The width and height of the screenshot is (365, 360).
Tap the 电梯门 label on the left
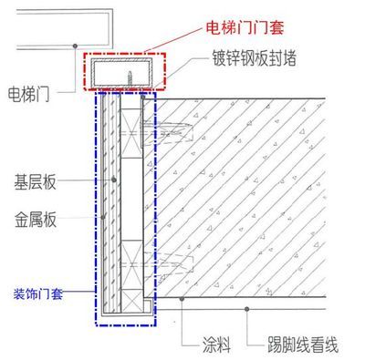(31, 92)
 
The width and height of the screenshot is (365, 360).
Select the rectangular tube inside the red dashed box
(124, 72)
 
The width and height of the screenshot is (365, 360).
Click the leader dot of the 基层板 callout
(113, 180)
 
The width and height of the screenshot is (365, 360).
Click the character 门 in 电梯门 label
(48, 92)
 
